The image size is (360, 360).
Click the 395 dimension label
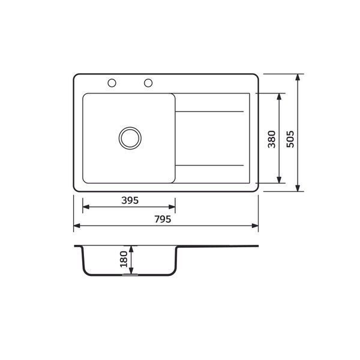click(130, 200)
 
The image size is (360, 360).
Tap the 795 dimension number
click(163, 219)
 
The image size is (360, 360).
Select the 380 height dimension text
click(272, 139)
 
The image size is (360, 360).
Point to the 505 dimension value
click(290, 139)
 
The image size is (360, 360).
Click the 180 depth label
click(124, 259)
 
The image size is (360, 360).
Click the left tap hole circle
click(112, 83)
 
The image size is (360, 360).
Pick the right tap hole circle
click(148, 83)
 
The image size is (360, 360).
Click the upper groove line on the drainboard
click(209, 112)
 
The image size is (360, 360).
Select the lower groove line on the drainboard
click(209, 166)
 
